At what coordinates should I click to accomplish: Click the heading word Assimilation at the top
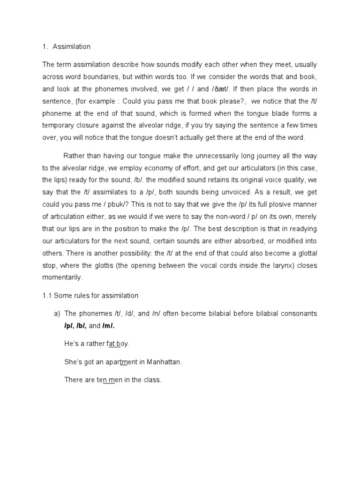coord(72,47)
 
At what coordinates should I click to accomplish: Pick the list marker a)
coord(57,313)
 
